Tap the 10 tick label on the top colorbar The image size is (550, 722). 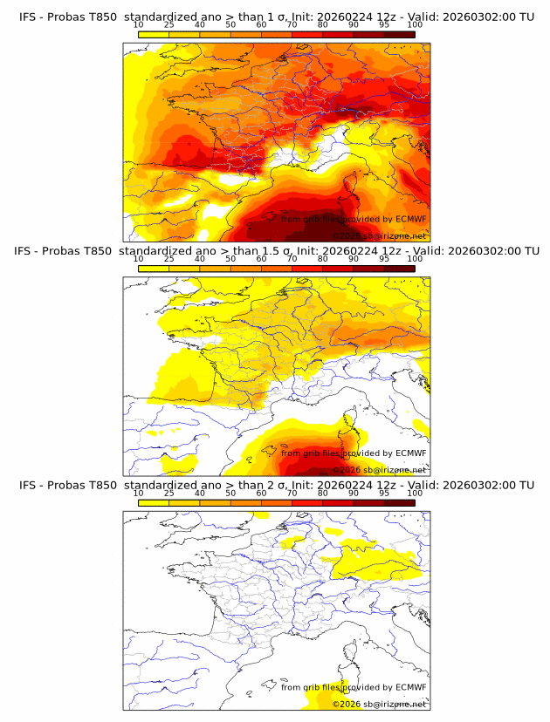pyautogui.click(x=139, y=26)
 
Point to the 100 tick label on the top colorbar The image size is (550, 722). pyautogui.click(x=414, y=26)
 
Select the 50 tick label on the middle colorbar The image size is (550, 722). pyautogui.click(x=230, y=260)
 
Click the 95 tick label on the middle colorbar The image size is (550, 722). pyautogui.click(x=383, y=260)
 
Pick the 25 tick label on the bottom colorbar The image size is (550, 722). pyautogui.click(x=169, y=494)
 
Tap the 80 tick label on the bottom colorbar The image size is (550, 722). pyautogui.click(x=322, y=494)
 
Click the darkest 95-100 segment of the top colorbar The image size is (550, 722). pyautogui.click(x=399, y=36)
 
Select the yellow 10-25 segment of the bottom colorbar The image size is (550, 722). pyautogui.click(x=154, y=503)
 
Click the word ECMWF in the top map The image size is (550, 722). pyautogui.click(x=411, y=219)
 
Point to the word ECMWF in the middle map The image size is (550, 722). pyautogui.click(x=411, y=453)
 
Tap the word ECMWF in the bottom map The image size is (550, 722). pyautogui.click(x=411, y=687)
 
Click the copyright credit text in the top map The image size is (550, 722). pyautogui.click(x=380, y=236)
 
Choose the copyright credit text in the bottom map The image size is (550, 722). pyautogui.click(x=380, y=704)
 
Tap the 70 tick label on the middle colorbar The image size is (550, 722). pyautogui.click(x=292, y=260)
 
